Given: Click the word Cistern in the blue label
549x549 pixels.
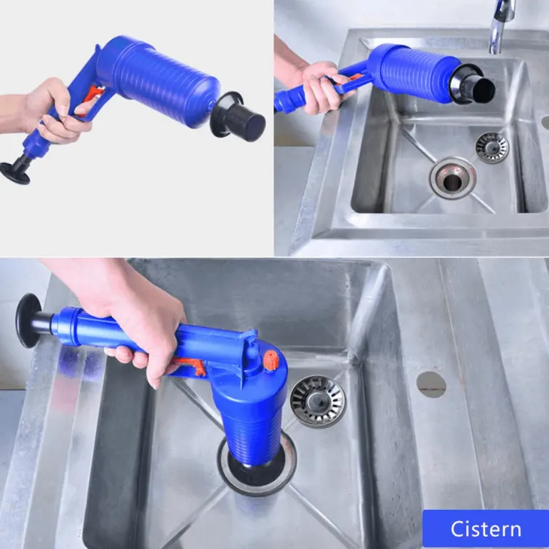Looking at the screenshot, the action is [x=486, y=529].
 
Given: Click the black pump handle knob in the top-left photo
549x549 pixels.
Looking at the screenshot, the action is [x=15, y=172].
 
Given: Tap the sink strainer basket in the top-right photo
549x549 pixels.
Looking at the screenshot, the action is [x=492, y=148].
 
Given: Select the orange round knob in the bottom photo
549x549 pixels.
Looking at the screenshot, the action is [x=270, y=360].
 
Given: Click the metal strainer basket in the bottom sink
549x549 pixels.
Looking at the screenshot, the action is [x=317, y=401].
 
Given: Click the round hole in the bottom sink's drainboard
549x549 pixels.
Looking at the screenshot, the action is [x=431, y=384].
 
